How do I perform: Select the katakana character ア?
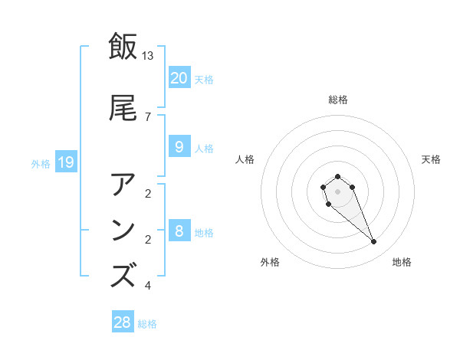tap(123, 185)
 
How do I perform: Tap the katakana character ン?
tap(123, 230)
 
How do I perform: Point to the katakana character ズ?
tap(123, 274)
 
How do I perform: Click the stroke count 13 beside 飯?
tap(148, 55)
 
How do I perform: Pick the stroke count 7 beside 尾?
tap(148, 116)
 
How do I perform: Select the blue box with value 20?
tap(179, 77)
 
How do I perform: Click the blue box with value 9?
tap(179, 147)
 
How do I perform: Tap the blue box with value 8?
tap(179, 231)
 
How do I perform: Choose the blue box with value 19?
tap(66, 162)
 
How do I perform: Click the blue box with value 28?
tap(122, 322)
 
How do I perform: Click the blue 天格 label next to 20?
tap(204, 79)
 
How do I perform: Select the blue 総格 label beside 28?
tap(147, 324)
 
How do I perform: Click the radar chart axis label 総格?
tap(337, 100)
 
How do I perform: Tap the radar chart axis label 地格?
tap(402, 262)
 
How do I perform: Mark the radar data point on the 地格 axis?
tap(374, 242)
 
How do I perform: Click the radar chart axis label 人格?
tap(245, 159)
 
